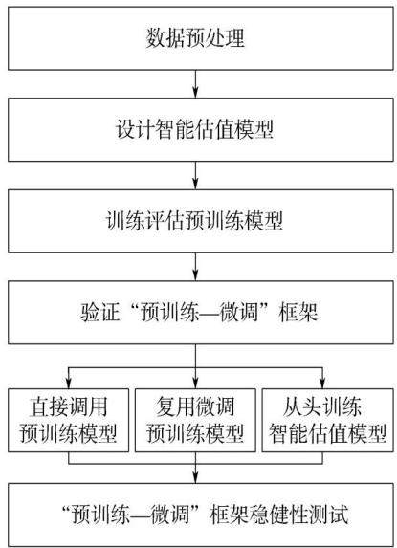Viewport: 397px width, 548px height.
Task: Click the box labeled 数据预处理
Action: tap(201, 38)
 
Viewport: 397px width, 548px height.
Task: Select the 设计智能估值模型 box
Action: tap(201, 130)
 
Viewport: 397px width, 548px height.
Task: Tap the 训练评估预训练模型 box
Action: tap(201, 221)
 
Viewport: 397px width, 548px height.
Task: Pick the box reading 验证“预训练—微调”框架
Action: tap(201, 313)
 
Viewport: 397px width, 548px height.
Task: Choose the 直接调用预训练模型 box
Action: tap(69, 420)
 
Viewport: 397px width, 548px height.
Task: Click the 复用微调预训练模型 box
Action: tap(195, 420)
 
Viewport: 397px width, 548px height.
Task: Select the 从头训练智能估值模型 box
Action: tap(328, 420)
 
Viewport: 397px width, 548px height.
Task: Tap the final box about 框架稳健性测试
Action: tap(201, 515)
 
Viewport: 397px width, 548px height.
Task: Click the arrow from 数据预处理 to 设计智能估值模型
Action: tap(195, 84)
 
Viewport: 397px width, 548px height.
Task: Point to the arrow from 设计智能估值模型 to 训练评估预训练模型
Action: tap(195, 175)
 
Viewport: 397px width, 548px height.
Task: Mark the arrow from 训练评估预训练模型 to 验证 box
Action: tap(195, 267)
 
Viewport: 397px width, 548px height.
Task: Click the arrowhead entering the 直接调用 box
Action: tap(69, 384)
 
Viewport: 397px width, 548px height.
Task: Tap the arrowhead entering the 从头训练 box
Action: tap(322, 384)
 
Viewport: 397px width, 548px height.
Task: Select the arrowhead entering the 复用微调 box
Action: tap(195, 384)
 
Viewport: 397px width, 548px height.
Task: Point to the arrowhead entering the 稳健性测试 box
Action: tap(195, 478)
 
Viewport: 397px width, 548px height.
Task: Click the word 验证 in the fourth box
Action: tap(100, 312)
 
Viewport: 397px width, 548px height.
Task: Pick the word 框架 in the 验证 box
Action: tap(298, 312)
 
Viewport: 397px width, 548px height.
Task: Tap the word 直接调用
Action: tap(68, 407)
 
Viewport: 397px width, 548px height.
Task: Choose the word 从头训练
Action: tap(322, 407)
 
